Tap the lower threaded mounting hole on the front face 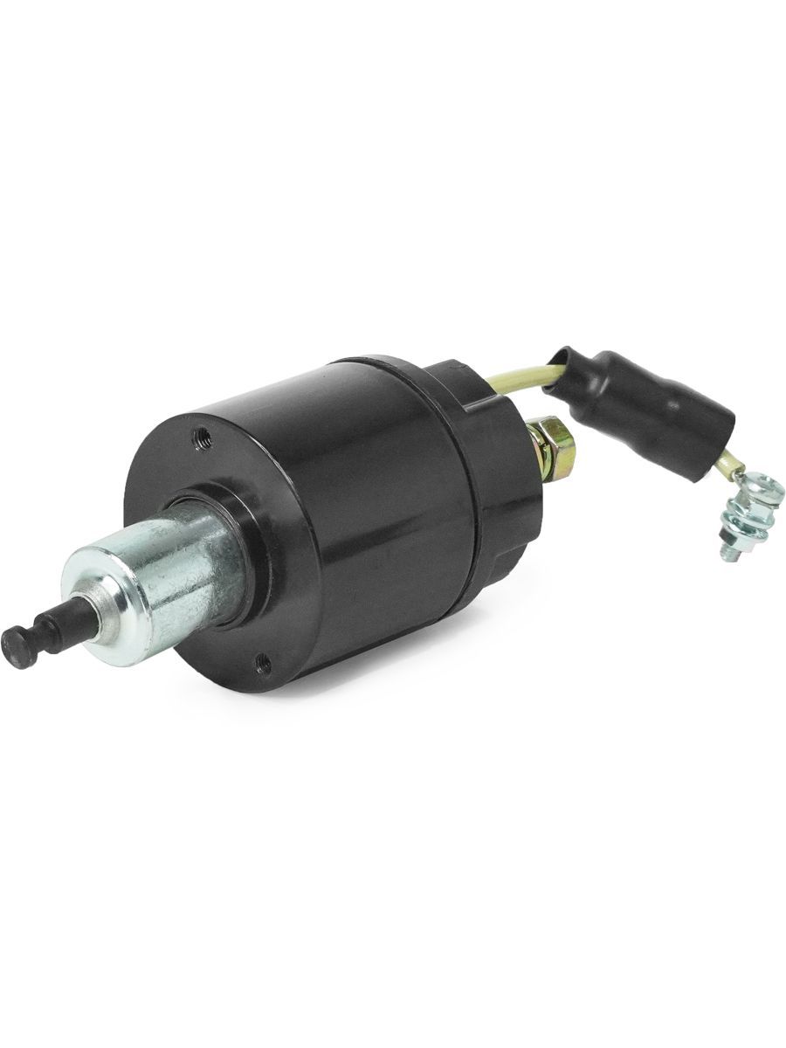[x=263, y=665]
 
